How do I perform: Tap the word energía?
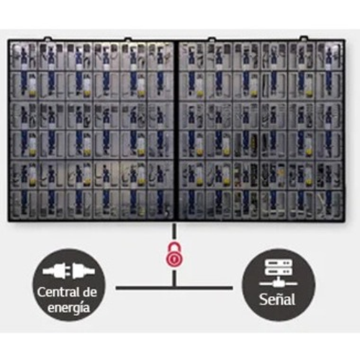coord(68,308)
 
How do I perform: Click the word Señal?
coord(277,300)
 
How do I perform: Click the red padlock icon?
coord(174,255)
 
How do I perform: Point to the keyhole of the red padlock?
coord(174,258)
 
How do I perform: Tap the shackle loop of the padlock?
coord(174,247)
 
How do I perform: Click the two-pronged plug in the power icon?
coord(55,271)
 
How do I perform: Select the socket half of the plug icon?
coord(84,271)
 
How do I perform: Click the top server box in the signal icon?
coord(279,264)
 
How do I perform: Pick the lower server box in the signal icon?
coord(279,272)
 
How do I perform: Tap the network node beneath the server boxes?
coord(279,284)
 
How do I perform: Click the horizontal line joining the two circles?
coord(174,287)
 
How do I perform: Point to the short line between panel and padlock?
coord(174,233)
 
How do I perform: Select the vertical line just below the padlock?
coord(174,278)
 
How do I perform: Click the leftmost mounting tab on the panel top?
coord(48,39)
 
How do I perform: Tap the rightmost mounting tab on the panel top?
coord(304,38)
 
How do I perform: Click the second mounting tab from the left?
coord(128,39)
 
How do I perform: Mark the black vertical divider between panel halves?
coord(176,131)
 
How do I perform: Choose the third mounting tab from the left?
coord(212,39)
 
